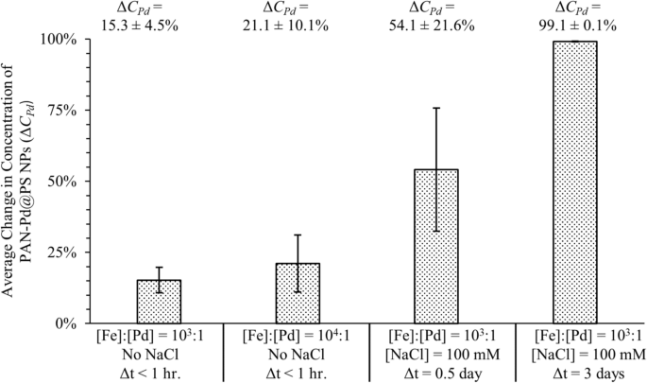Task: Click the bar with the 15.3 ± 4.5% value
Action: pyautogui.click(x=159, y=302)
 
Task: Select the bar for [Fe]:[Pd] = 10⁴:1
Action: pyautogui.click(x=298, y=293)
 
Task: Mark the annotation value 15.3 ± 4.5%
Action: pyautogui.click(x=159, y=25)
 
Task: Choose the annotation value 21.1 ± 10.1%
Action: pyautogui.click(x=298, y=25)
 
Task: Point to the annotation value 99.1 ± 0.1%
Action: pyautogui.click(x=574, y=25)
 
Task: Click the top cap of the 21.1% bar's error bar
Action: pyautogui.click(x=298, y=235)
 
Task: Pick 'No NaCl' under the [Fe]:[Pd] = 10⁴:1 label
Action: pyautogui.click(x=298, y=354)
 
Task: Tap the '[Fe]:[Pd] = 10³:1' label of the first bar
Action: pyautogui.click(x=159, y=338)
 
